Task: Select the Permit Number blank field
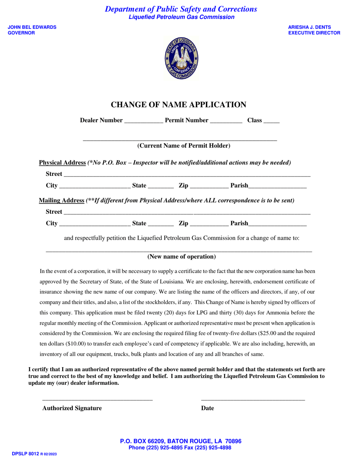pos(226,122)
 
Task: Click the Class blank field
pos(271,122)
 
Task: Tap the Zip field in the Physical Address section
pos(209,187)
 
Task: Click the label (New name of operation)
pos(182,257)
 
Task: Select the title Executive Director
pos(314,33)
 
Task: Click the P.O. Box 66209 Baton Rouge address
pos(180,441)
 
